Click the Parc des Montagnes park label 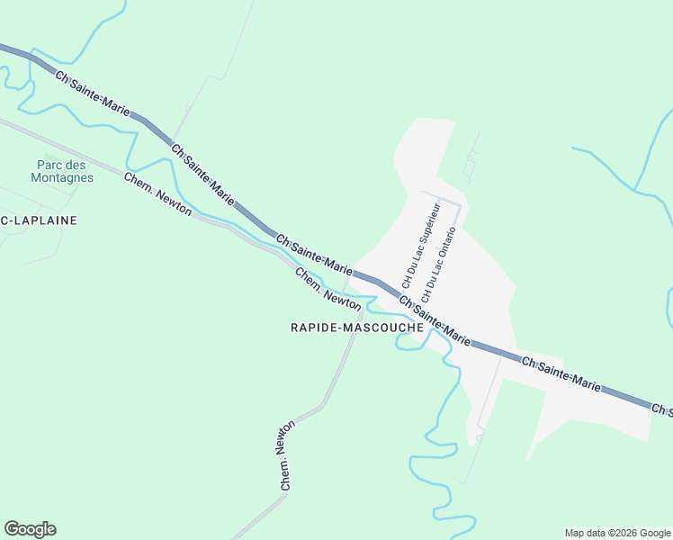tap(65, 171)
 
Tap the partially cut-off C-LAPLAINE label tap(39, 220)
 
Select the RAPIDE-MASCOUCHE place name tap(357, 328)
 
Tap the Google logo tap(30, 529)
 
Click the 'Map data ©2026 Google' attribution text tap(616, 533)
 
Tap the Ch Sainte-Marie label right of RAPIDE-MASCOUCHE tap(435, 320)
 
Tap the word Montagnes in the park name tap(65, 177)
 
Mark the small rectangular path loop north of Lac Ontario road tap(469, 167)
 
